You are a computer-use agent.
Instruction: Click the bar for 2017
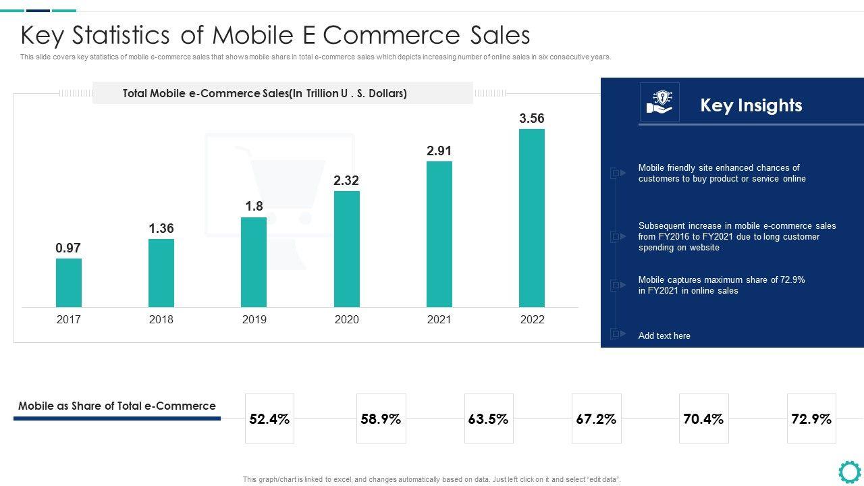(68, 283)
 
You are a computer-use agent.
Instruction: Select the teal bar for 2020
(347, 249)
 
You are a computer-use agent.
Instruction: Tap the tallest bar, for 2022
(532, 218)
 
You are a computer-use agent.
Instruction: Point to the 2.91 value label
(439, 151)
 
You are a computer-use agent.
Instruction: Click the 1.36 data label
(161, 228)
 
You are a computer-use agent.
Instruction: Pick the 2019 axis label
(254, 319)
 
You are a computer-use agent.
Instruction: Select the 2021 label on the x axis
(439, 319)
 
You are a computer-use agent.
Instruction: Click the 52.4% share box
(269, 419)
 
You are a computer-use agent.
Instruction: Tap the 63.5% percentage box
(488, 419)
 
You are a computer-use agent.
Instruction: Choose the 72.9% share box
(811, 419)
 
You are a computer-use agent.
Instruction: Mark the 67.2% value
(596, 419)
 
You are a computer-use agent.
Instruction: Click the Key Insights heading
(751, 105)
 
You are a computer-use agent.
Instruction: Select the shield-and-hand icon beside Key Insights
(659, 102)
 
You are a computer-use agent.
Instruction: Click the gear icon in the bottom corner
(849, 471)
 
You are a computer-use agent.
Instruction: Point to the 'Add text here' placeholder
(664, 335)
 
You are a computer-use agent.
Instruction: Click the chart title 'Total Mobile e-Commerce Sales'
(265, 93)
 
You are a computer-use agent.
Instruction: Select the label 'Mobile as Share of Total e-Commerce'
(117, 406)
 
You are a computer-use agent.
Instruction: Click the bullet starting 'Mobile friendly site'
(722, 173)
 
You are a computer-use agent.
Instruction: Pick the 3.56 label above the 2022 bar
(532, 118)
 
